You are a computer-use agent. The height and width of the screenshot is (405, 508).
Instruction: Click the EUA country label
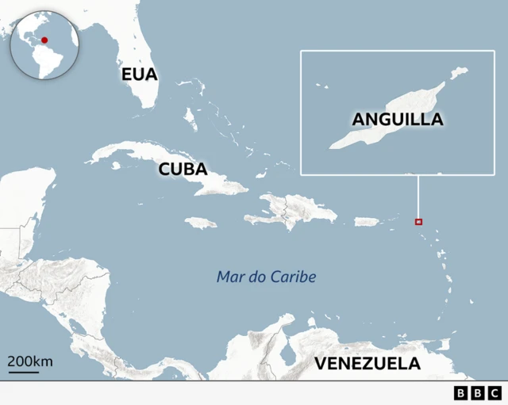(140, 75)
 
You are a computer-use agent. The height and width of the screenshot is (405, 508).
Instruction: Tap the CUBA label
(183, 169)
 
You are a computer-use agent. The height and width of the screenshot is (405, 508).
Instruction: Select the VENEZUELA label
(367, 364)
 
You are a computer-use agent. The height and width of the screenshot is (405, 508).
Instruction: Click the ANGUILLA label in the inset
(397, 120)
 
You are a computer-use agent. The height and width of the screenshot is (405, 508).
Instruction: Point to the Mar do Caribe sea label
(267, 277)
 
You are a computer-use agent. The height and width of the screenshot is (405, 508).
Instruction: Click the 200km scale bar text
(30, 361)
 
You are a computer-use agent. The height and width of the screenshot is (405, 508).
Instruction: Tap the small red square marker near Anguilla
(419, 222)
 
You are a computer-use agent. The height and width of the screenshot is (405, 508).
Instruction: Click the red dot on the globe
(45, 40)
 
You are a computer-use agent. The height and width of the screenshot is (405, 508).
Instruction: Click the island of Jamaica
(201, 223)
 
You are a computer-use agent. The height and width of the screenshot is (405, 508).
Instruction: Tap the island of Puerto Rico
(365, 221)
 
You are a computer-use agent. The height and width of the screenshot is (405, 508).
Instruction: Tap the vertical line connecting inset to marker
(418, 196)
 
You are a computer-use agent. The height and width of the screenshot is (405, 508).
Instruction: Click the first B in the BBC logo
(461, 392)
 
